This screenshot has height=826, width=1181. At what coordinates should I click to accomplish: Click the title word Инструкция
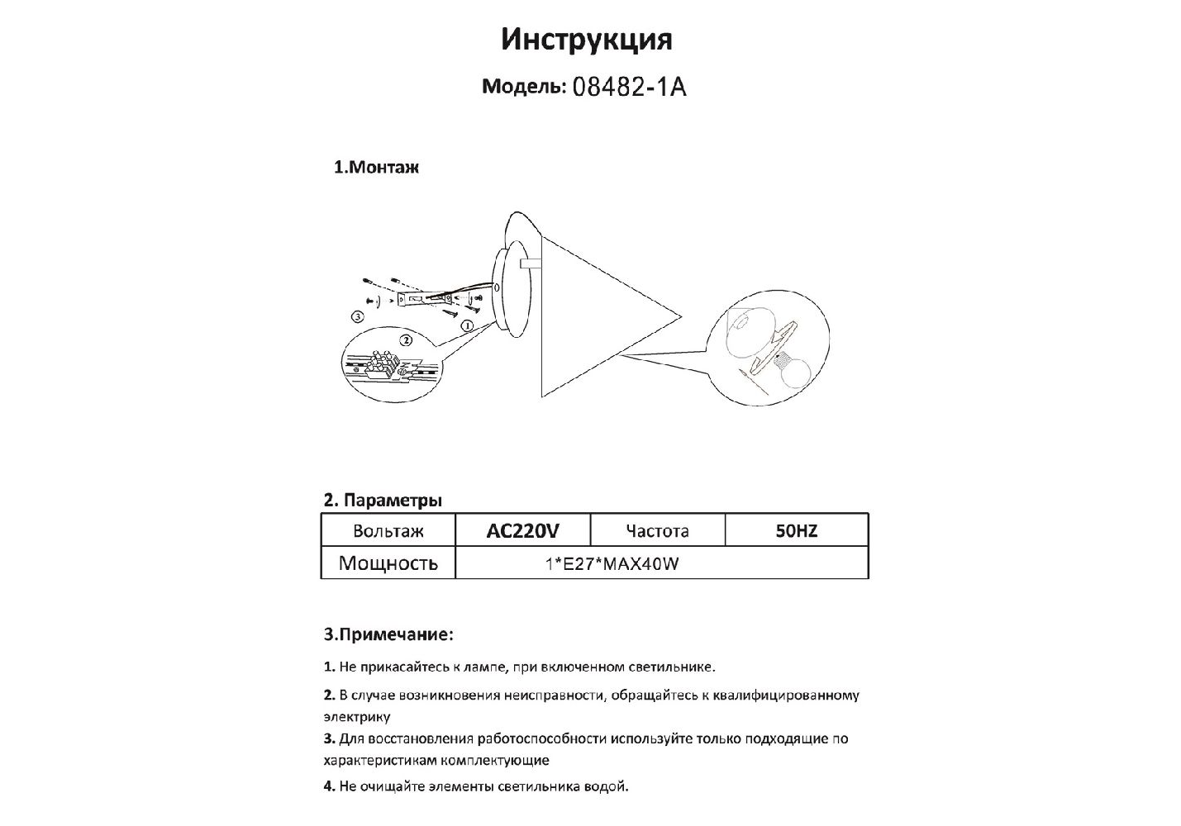tap(586, 40)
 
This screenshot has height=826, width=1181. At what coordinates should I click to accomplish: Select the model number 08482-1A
tap(629, 88)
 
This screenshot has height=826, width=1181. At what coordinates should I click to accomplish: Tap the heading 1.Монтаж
tap(376, 168)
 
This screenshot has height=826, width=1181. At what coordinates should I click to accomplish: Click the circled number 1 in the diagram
tap(467, 326)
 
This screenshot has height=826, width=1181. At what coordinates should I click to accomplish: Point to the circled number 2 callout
tap(405, 339)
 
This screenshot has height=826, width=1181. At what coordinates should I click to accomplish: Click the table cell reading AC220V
tap(522, 531)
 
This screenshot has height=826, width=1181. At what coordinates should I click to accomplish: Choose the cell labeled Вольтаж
tap(388, 531)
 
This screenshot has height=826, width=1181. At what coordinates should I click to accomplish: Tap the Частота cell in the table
tap(657, 531)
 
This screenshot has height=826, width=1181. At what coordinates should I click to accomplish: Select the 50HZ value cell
tap(796, 531)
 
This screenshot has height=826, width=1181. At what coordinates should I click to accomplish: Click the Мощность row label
tap(388, 564)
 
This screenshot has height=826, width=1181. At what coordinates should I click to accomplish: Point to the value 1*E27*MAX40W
tap(612, 564)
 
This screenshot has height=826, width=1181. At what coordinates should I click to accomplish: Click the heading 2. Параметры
tap(382, 501)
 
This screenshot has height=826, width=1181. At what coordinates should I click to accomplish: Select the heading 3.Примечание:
tap(388, 635)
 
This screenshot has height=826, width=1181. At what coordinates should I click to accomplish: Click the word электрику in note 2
tap(357, 717)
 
